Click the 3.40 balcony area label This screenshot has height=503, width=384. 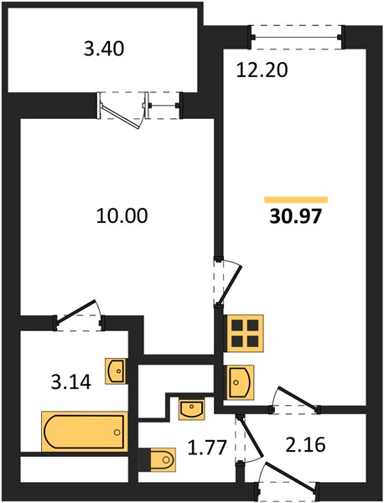[x=104, y=49]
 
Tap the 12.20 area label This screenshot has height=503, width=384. [x=262, y=70]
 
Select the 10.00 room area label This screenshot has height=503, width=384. [x=122, y=215]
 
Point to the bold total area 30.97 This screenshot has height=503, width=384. [x=295, y=216]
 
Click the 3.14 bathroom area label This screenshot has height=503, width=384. [x=71, y=382]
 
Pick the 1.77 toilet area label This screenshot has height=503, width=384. [x=207, y=448]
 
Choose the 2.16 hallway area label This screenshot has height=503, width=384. [x=306, y=444]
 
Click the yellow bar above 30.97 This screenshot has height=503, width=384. [x=296, y=200]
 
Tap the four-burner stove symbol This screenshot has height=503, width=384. [x=245, y=333]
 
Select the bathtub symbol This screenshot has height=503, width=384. [x=85, y=432]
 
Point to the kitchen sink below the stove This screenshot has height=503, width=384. [x=241, y=382]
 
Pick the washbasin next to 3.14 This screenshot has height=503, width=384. [x=115, y=371]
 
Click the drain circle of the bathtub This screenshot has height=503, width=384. [x=117, y=432]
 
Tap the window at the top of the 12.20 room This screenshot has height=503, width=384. [x=296, y=37]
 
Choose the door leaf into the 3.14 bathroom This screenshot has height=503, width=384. [x=75, y=310]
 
